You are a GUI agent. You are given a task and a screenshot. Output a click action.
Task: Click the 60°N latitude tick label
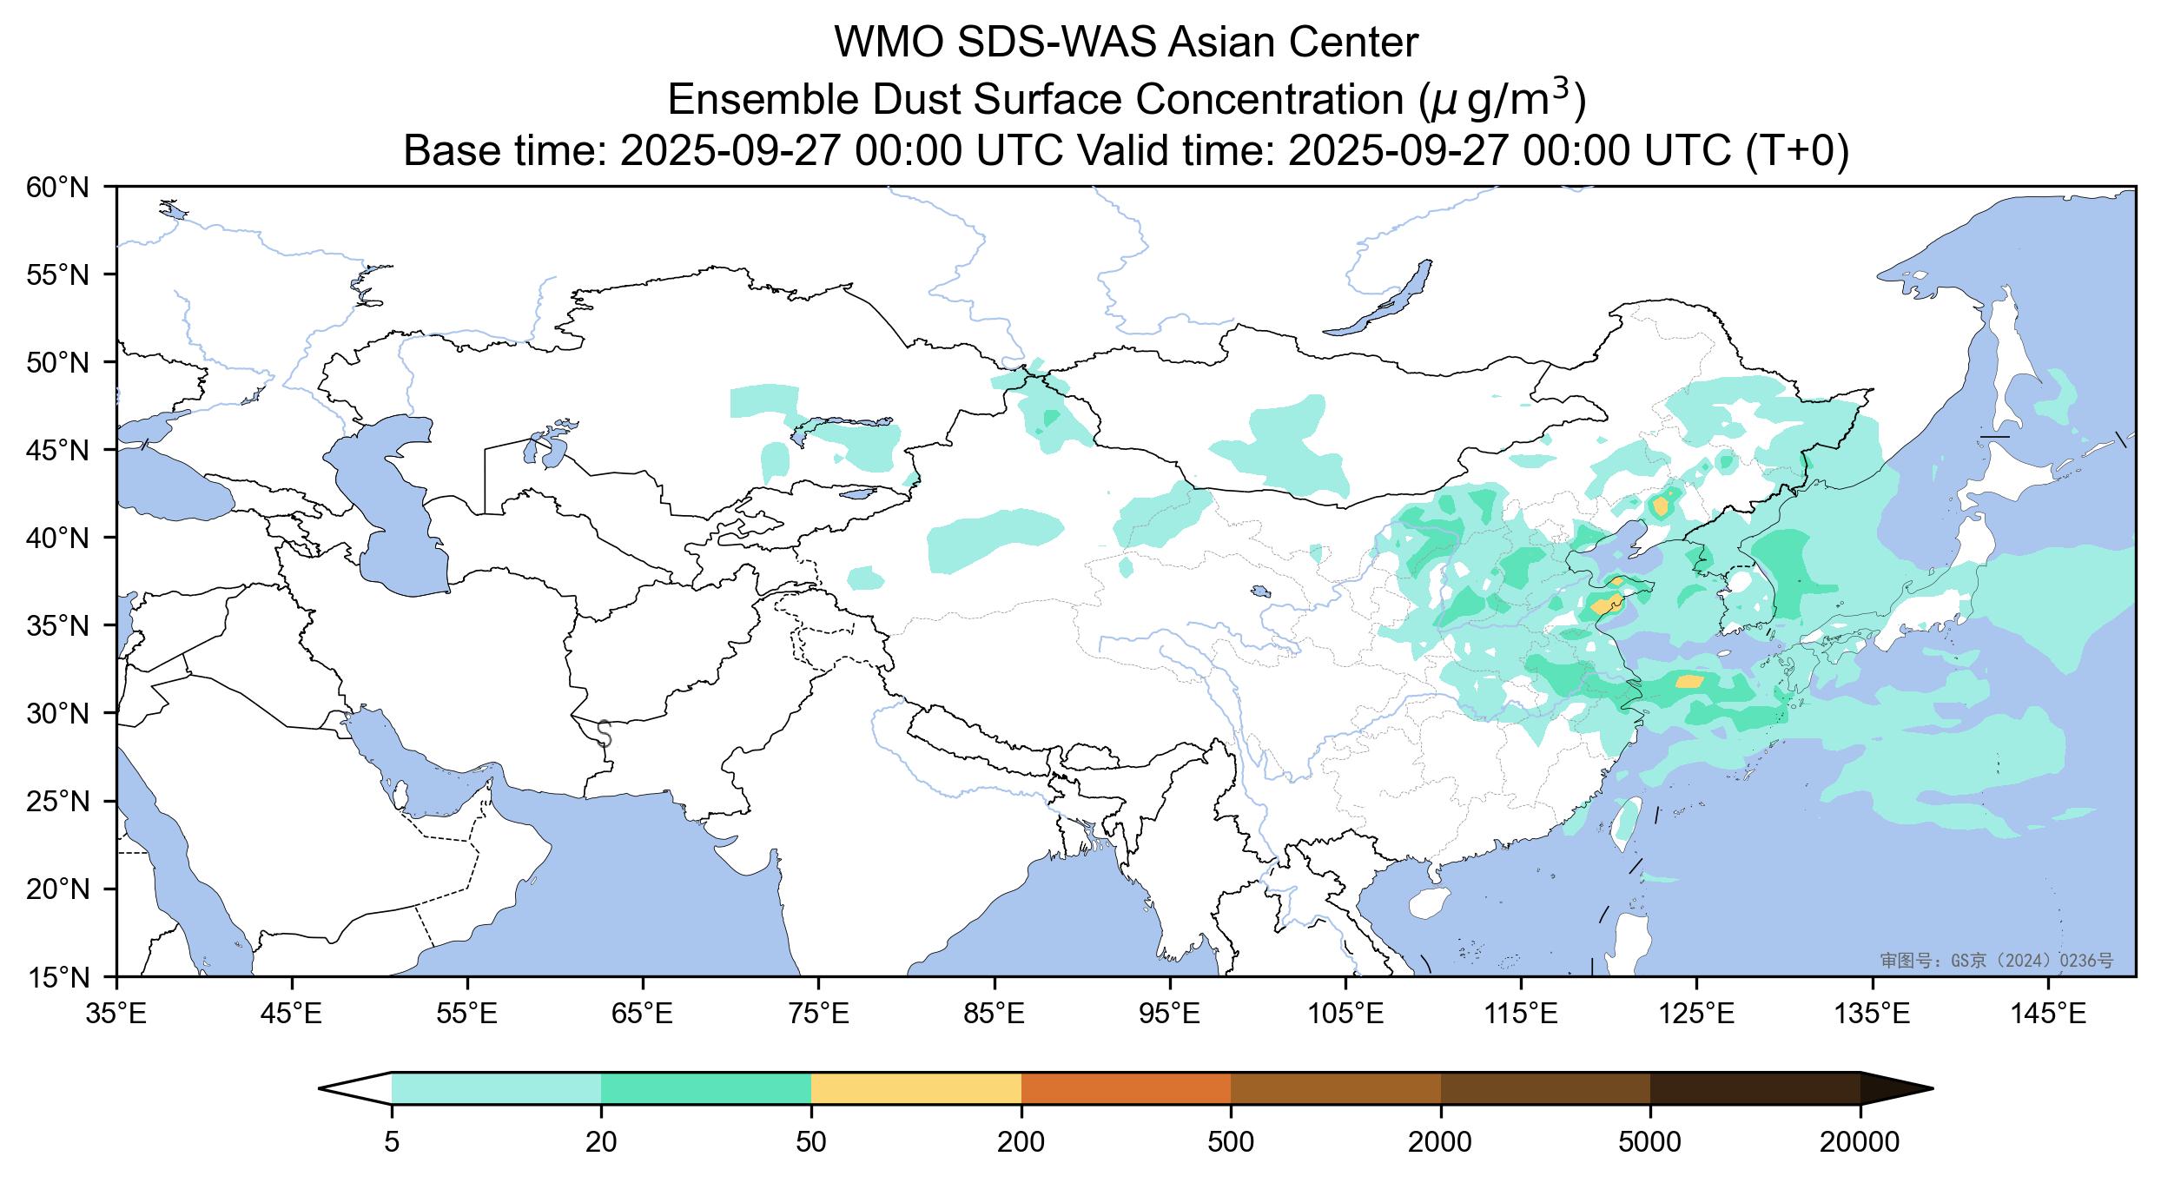point(58,187)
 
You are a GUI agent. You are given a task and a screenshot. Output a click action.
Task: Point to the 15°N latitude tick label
point(58,978)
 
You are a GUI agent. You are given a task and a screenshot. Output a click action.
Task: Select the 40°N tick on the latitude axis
point(58,538)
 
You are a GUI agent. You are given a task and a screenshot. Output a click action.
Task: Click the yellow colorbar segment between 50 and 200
point(915,1088)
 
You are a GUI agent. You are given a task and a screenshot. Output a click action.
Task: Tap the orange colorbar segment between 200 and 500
point(1126,1088)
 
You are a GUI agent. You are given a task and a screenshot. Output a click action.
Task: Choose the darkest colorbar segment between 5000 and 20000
point(1755,1088)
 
